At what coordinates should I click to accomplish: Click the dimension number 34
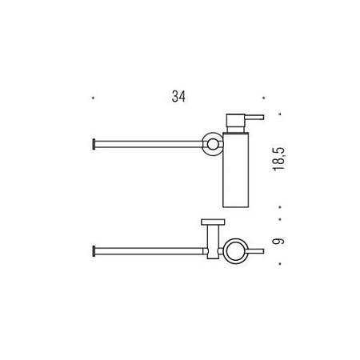[178, 97]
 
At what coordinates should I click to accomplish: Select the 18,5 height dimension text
[279, 159]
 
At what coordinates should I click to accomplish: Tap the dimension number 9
[279, 242]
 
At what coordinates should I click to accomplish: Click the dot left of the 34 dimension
[93, 98]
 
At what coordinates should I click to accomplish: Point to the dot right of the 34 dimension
[263, 98]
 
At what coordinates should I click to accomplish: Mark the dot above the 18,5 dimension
[280, 114]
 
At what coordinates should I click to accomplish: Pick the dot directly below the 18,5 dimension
[280, 206]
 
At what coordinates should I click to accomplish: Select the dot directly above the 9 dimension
[280, 219]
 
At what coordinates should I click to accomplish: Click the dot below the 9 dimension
[280, 264]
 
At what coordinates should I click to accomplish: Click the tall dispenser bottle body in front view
[236, 170]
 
